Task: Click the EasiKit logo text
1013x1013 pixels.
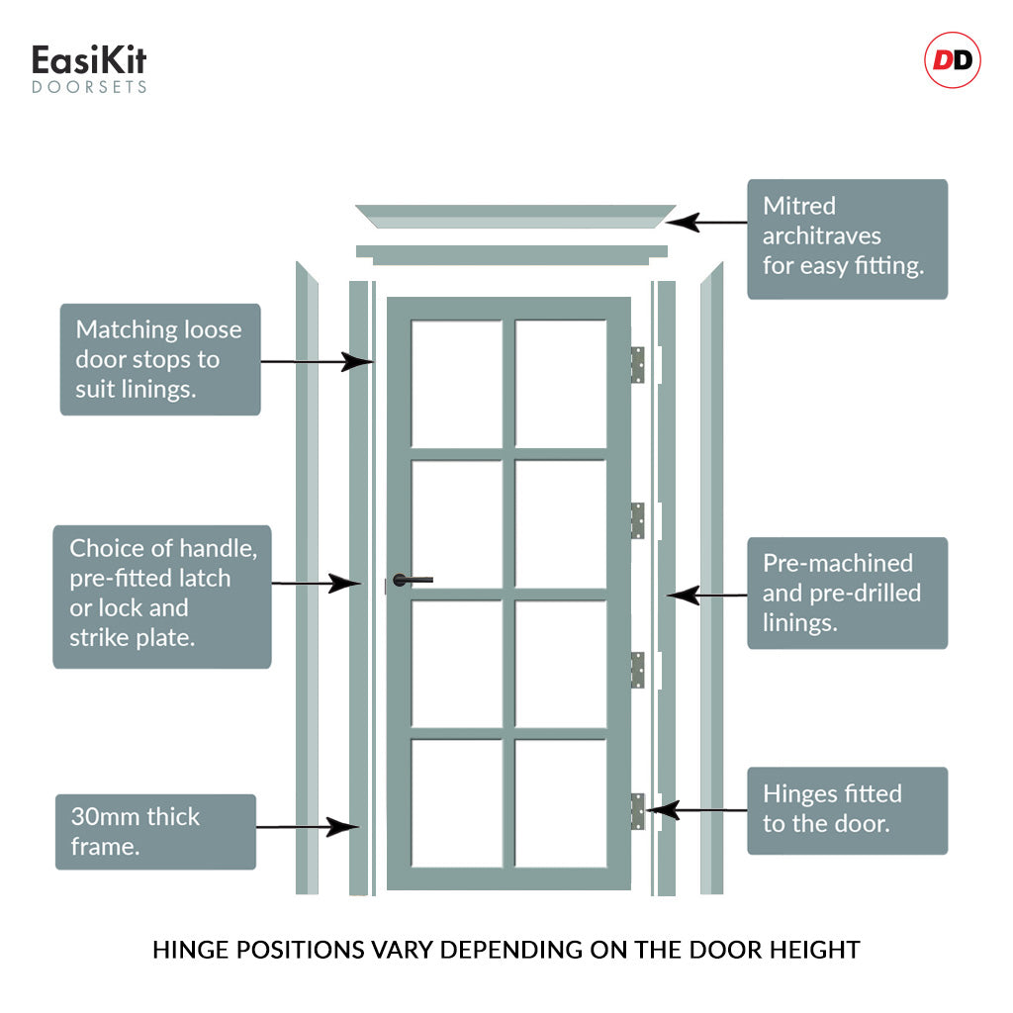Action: [x=89, y=61]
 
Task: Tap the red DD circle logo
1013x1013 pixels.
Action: [x=952, y=61]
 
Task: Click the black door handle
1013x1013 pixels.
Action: [x=412, y=580]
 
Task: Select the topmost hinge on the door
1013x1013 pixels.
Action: [x=638, y=364]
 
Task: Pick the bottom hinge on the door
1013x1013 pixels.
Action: [x=638, y=811]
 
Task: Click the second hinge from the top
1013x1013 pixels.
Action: [x=638, y=520]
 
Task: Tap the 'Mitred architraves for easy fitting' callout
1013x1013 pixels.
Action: [x=847, y=238]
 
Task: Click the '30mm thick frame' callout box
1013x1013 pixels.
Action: [x=155, y=831]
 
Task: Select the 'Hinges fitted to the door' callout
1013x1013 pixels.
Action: [x=847, y=810]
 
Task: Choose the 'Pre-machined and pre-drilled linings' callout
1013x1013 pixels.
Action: [x=847, y=593]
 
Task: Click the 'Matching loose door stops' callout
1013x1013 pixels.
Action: [x=160, y=359]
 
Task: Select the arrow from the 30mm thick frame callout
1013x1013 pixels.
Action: [x=307, y=826]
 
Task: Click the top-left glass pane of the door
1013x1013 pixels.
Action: [x=456, y=384]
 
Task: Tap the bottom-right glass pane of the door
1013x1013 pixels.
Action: [x=561, y=803]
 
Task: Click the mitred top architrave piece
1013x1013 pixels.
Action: [x=514, y=217]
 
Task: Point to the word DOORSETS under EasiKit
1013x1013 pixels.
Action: [x=89, y=87]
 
